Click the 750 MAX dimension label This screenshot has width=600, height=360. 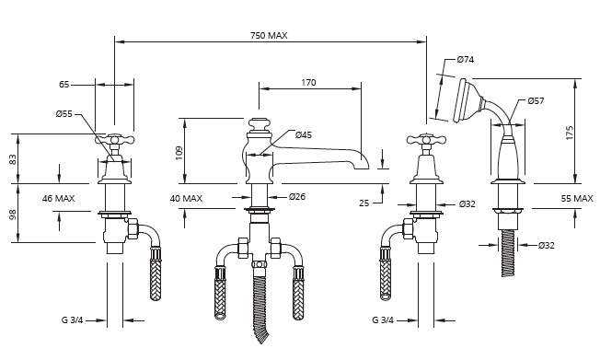click(x=269, y=36)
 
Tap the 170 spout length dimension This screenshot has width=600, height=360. click(x=308, y=82)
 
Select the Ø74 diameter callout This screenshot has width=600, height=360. click(x=466, y=59)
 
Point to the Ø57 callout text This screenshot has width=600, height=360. click(x=536, y=100)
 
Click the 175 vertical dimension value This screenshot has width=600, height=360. click(x=570, y=133)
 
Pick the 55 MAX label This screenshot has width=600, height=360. click(x=577, y=198)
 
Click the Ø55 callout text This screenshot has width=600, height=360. click(x=63, y=114)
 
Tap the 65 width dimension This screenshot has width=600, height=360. click(x=63, y=85)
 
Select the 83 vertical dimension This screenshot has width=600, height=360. click(x=13, y=159)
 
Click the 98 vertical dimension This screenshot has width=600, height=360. click(x=13, y=215)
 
